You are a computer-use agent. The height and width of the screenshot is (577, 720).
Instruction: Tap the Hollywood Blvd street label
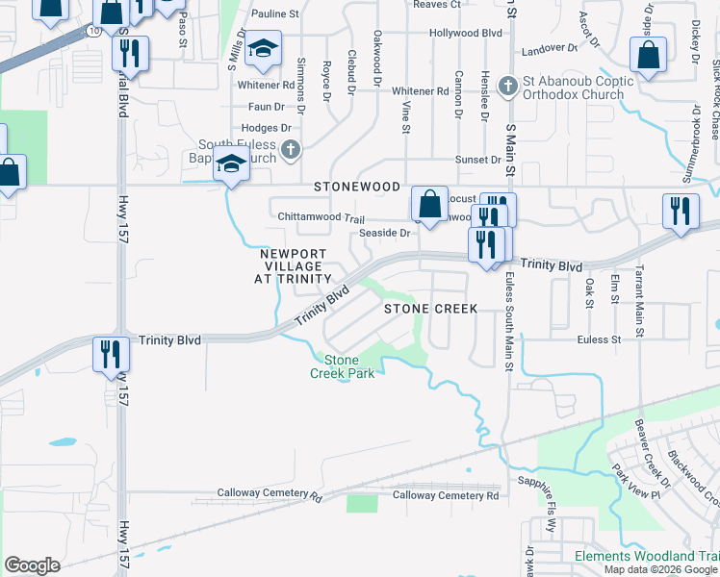[x=467, y=33]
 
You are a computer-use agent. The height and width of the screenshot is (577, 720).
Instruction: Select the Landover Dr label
[x=549, y=47]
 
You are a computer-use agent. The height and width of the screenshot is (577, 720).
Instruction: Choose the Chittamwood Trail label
[x=315, y=218]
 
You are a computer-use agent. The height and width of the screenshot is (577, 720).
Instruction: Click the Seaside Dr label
[x=384, y=233]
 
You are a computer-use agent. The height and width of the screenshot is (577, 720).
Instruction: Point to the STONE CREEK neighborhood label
[x=431, y=309]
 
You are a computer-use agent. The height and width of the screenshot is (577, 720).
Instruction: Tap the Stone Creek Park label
[x=342, y=366]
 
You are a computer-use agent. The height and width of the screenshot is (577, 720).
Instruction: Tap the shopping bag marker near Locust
[x=429, y=203]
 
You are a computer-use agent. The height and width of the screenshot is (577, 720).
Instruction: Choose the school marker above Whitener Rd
[x=263, y=49]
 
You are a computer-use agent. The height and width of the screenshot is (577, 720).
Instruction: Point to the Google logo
[x=32, y=565]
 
